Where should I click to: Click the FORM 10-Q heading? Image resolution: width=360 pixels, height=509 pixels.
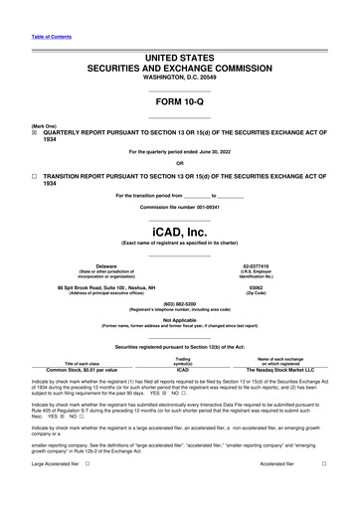coord(180,102)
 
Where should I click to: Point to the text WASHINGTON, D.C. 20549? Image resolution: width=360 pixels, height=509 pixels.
coord(180,78)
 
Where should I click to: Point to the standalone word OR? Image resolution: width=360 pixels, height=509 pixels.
coord(180,163)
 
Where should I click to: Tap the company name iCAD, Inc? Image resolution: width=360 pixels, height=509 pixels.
coord(180,231)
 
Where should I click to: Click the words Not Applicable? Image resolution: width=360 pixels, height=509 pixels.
coord(180,319)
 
